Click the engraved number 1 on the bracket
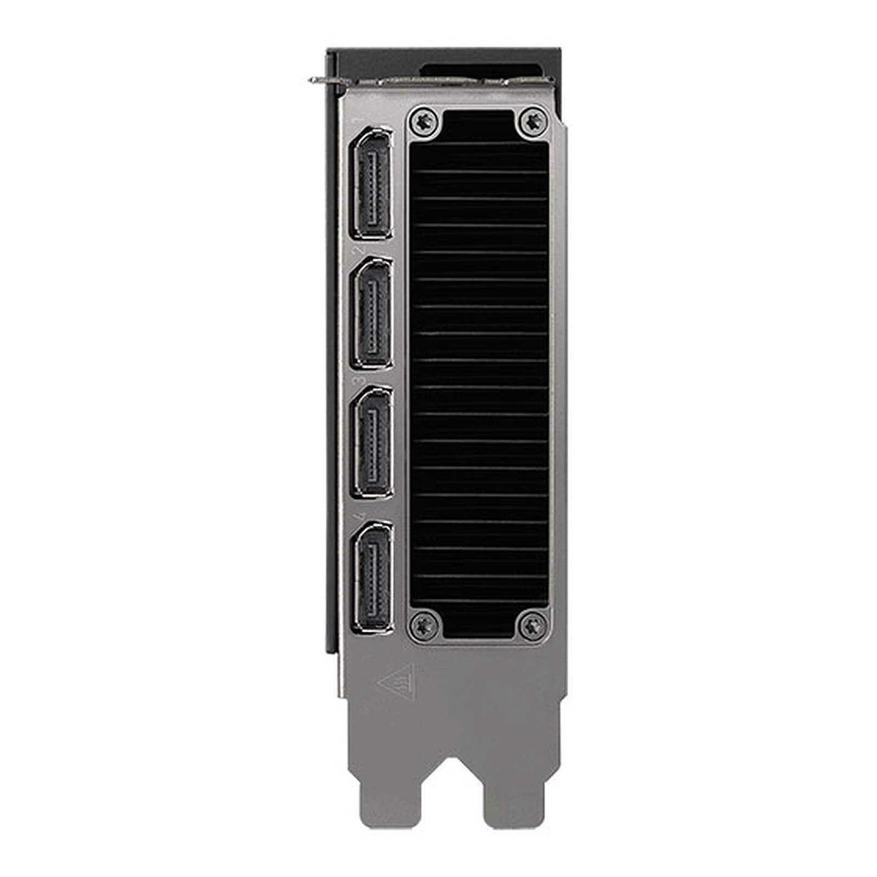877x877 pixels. pyautogui.click(x=360, y=120)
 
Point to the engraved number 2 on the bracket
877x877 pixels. pyautogui.click(x=360, y=249)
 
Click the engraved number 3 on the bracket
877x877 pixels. pyautogui.click(x=360, y=380)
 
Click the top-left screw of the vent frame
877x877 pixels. pyautogui.click(x=424, y=121)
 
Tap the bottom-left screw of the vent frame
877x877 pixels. pyautogui.click(x=424, y=625)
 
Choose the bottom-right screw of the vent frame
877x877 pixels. pyautogui.click(x=532, y=625)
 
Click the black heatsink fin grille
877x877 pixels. pyautogui.click(x=479, y=373)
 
